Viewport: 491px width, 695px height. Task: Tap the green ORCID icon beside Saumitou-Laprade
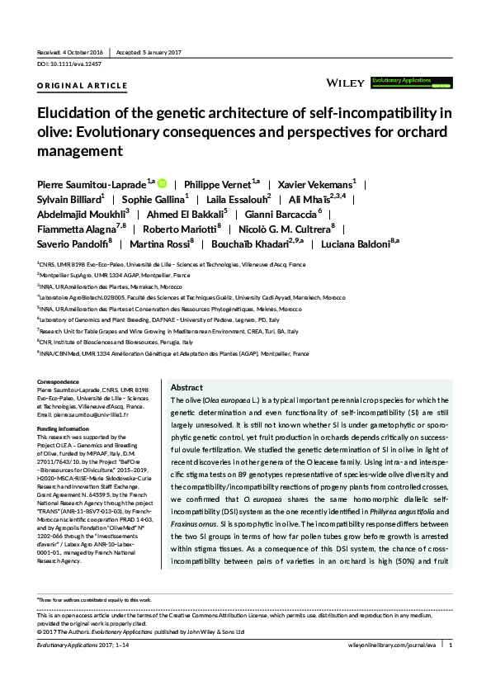(x=162, y=182)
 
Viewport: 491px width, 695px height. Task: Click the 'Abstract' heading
(x=186, y=388)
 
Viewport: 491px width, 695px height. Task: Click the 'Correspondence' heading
(x=63, y=381)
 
